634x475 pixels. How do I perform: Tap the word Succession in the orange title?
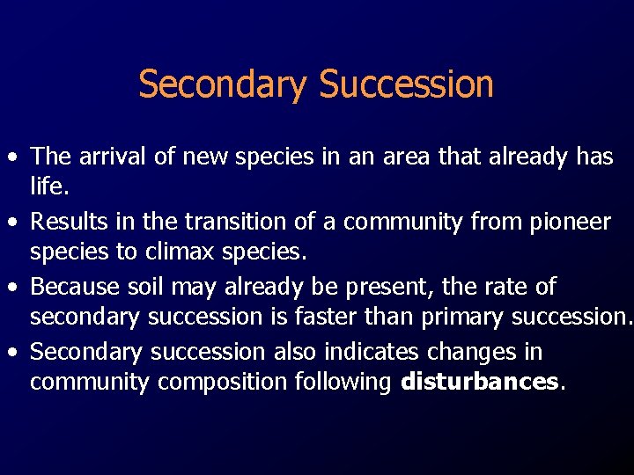coord(406,84)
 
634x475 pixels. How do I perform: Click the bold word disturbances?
coord(479,382)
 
